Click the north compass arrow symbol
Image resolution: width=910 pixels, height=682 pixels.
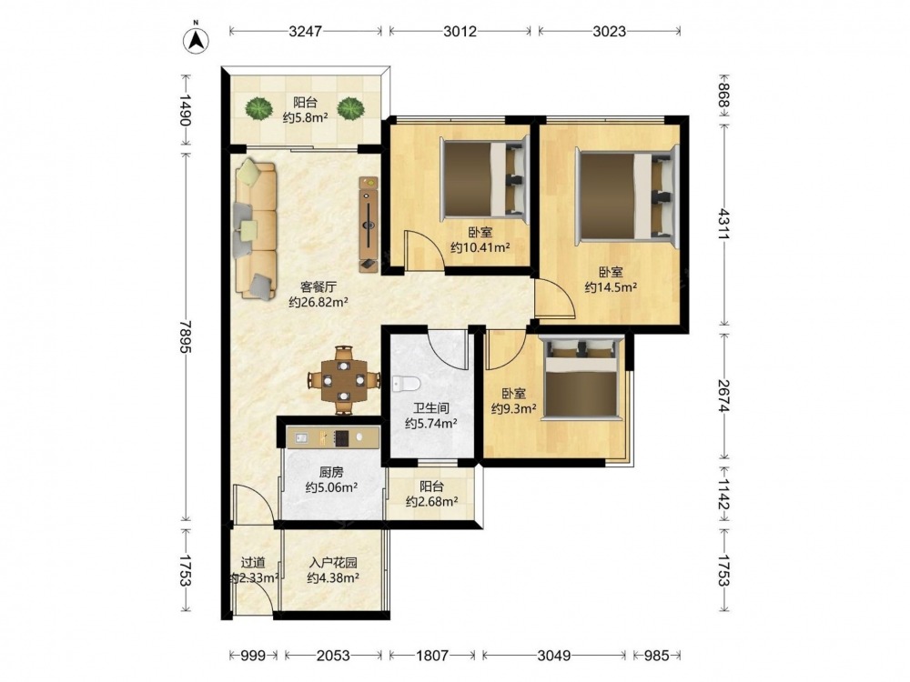pyautogui.click(x=197, y=39)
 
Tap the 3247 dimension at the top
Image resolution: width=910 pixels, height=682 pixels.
pyautogui.click(x=305, y=31)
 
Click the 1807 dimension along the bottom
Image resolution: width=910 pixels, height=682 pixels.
pyautogui.click(x=432, y=656)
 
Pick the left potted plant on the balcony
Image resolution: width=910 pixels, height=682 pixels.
pyautogui.click(x=258, y=108)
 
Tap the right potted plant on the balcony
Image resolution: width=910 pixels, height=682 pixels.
pyautogui.click(x=350, y=108)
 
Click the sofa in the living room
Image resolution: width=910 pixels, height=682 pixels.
pyautogui.click(x=256, y=230)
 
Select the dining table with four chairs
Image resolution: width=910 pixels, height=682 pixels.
pyautogui.click(x=344, y=380)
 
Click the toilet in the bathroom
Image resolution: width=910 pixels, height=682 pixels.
pyautogui.click(x=406, y=384)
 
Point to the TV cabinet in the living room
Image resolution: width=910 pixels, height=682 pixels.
pyautogui.click(x=369, y=224)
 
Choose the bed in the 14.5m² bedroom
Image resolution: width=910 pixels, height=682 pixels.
pyautogui.click(x=627, y=195)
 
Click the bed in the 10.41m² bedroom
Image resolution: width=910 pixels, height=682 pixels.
pyautogui.click(x=485, y=179)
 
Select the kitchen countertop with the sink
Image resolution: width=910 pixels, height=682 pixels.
pyautogui.click(x=333, y=438)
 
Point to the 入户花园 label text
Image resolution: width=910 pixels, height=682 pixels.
pyautogui.click(x=332, y=563)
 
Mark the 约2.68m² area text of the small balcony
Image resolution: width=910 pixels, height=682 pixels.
pyautogui.click(x=431, y=501)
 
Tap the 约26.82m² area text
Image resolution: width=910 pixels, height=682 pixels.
pyautogui.click(x=318, y=302)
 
